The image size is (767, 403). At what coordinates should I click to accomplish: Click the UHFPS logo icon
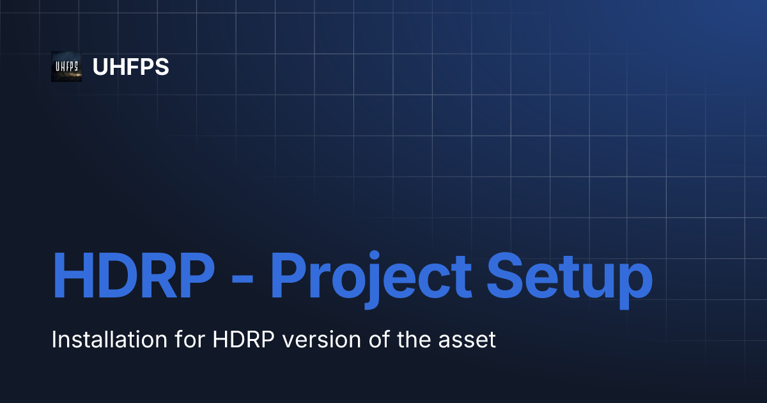pos(66,67)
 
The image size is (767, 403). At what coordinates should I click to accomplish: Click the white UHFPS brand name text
pos(131,67)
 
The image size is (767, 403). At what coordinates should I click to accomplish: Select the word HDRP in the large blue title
pos(133,276)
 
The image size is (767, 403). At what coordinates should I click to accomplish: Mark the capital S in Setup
pos(506,276)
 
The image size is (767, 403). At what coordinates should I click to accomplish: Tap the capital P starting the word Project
pos(289,276)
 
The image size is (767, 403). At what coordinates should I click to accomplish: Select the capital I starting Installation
pos(54,340)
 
